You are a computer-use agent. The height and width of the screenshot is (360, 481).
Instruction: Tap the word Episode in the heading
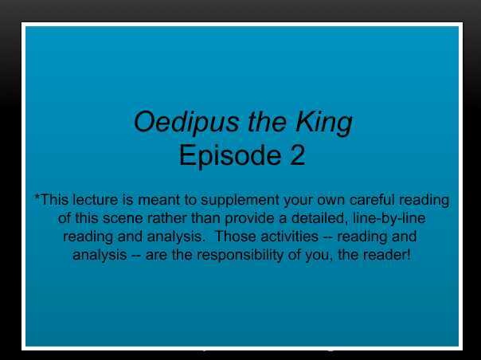click(x=222, y=155)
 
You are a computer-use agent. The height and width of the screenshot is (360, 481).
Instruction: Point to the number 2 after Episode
click(x=295, y=155)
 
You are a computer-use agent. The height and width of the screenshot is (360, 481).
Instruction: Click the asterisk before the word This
click(x=37, y=198)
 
